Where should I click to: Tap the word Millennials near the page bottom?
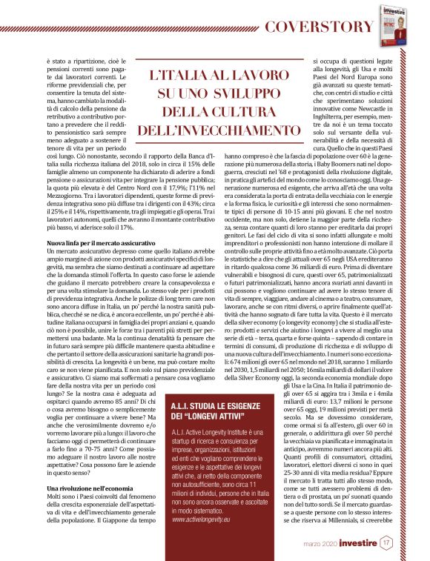pyautogui.click(x=359, y=532)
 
